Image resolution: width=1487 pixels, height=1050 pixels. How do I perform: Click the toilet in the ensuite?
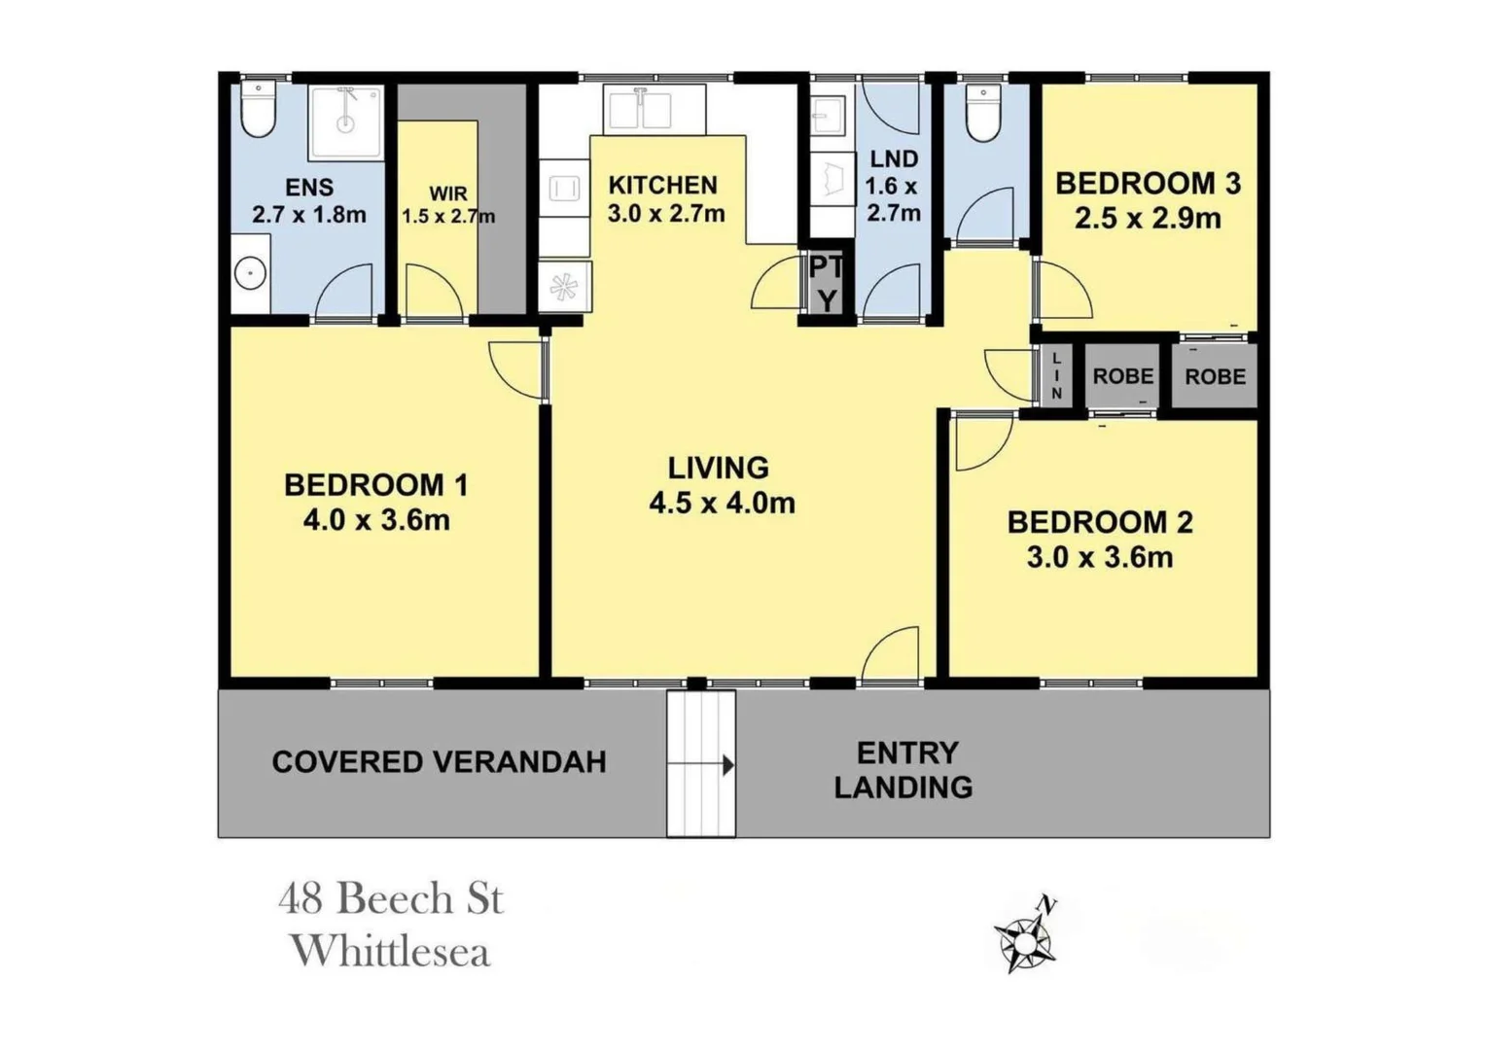[259, 110]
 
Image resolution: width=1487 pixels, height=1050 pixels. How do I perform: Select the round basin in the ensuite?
[251, 274]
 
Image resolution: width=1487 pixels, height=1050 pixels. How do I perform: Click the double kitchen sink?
[641, 109]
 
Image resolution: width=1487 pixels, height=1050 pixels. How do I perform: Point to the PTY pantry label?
[826, 284]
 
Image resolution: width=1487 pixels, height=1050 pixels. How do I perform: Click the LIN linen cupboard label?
[1056, 375]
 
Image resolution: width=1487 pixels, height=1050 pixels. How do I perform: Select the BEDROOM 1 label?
[375, 484]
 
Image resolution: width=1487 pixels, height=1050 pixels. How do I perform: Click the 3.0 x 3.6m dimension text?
[1099, 557]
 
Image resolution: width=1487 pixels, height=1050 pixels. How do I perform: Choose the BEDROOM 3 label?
[1148, 183]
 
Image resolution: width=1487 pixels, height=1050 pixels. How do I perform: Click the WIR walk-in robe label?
[447, 193]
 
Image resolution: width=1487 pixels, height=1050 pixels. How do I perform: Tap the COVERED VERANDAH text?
[439, 761]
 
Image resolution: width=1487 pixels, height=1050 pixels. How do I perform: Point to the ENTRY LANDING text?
[904, 769]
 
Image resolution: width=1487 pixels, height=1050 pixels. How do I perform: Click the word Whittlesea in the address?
[390, 951]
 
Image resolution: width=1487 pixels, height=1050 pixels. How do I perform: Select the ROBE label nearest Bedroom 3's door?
[1122, 375]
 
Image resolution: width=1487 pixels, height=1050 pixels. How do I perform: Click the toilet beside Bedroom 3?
[983, 115]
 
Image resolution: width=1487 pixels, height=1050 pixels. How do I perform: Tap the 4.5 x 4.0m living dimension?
[722, 503]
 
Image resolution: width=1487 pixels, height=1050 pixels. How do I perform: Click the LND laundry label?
[893, 158]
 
